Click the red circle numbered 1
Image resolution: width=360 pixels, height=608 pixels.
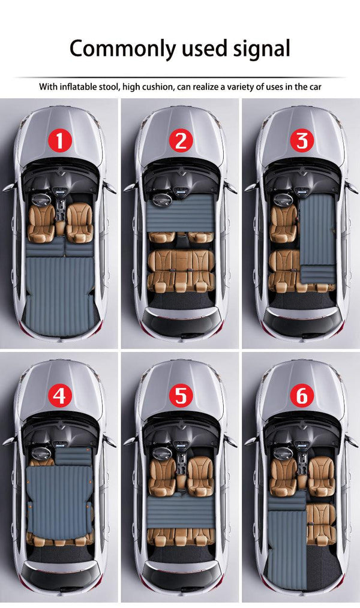[x=59, y=142]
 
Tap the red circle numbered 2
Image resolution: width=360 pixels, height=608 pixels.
[x=180, y=142]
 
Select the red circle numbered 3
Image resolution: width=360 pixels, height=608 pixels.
[x=301, y=142]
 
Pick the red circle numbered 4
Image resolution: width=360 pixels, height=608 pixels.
[x=59, y=396]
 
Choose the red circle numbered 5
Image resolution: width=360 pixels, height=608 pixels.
[x=180, y=396]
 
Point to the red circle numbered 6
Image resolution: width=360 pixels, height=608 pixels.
[x=301, y=396]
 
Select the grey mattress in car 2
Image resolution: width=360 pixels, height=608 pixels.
[x=180, y=213]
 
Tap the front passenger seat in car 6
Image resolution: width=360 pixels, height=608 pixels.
[x=321, y=468]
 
